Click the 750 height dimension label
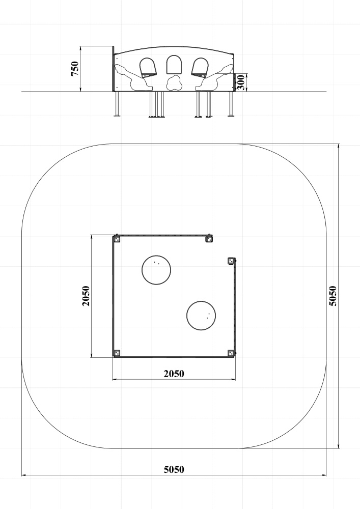pos(75,69)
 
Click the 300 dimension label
pos(240,82)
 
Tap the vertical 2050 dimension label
pos(86,296)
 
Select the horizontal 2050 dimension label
pos(174,374)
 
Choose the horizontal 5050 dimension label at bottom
pos(174,469)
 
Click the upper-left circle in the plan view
pos(156,270)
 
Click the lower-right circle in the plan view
pos(201,316)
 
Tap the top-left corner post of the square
pos(117,239)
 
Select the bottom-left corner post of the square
pos(117,353)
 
